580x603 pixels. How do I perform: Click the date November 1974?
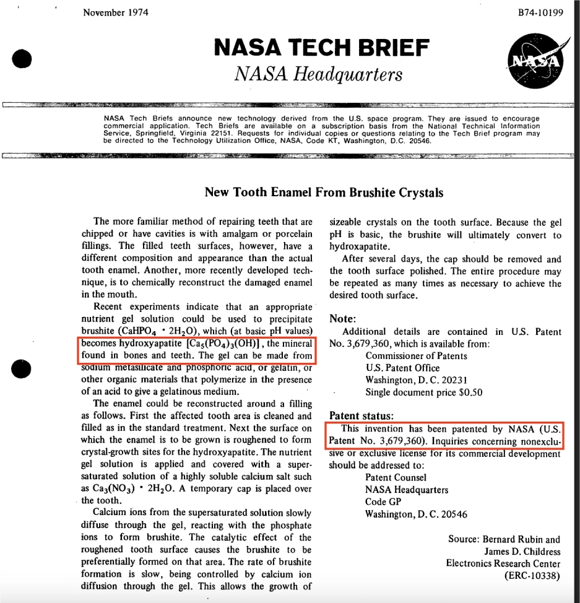tap(115, 13)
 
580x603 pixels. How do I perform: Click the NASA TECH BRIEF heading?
tap(321, 48)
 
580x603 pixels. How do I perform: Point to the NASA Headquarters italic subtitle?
tap(318, 74)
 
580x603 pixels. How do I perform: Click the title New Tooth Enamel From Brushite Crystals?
tap(324, 193)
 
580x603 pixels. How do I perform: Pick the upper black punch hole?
tap(21, 58)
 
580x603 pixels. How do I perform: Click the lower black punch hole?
tap(21, 368)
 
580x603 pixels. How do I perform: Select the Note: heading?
tap(342, 319)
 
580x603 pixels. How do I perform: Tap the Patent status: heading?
tap(362, 416)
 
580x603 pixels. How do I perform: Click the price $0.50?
tap(469, 392)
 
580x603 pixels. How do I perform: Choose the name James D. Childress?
tap(522, 551)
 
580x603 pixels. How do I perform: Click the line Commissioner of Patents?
tap(416, 356)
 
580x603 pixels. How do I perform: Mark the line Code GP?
tap(384, 501)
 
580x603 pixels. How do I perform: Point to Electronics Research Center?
tap(503, 563)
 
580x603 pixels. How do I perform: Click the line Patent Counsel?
tap(396, 477)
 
